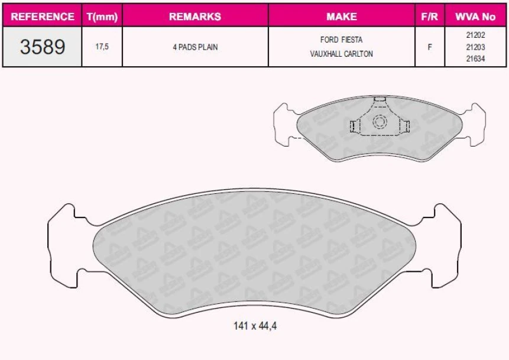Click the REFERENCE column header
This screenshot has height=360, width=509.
(x=43, y=17)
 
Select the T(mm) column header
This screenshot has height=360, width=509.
(x=102, y=17)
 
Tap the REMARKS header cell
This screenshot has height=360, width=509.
(x=195, y=17)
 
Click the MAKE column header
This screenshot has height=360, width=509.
(x=341, y=17)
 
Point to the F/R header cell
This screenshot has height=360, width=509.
(x=429, y=17)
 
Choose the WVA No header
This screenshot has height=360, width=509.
(x=475, y=17)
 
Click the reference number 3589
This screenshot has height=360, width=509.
(x=43, y=47)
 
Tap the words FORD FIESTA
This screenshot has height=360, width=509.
(x=341, y=40)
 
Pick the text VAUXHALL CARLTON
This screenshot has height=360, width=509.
(x=341, y=54)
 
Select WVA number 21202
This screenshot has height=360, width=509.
(x=475, y=35)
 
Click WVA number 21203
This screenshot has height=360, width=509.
(x=475, y=47)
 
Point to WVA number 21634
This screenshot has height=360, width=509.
(x=475, y=58)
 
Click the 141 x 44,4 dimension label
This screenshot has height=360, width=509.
(x=254, y=325)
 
